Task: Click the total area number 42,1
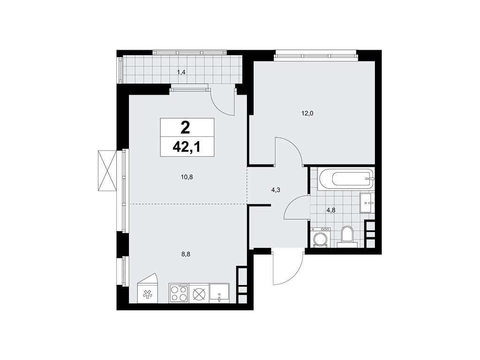coord(187,147)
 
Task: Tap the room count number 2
coord(187,127)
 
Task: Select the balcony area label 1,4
coord(181,72)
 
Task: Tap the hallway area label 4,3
coord(276,190)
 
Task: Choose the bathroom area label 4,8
coord(330,210)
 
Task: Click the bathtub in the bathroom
coord(346,179)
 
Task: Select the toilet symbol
coord(347,235)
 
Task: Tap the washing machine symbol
coord(321,237)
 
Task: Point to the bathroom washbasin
coord(366,203)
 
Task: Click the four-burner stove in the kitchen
coord(179,293)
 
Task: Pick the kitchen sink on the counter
coord(219,292)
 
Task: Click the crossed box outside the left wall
coord(106,171)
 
